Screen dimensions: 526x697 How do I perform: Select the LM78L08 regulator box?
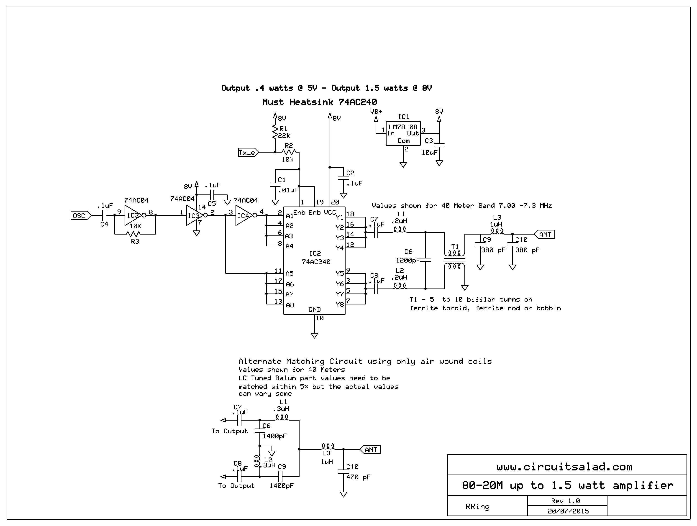click(403, 133)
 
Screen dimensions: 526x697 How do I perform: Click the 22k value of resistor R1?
click(284, 135)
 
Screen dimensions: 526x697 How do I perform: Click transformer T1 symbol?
click(454, 260)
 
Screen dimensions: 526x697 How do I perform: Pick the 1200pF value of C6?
click(408, 260)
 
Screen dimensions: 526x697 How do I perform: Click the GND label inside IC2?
click(315, 310)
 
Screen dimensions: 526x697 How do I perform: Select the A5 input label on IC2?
click(289, 273)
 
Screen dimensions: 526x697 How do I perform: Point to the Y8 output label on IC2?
click(340, 304)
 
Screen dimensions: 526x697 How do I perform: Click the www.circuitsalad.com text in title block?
click(564, 467)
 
